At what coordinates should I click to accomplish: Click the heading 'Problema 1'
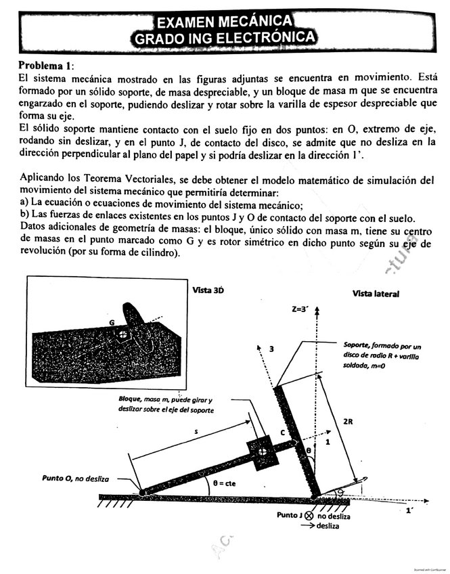(x=47, y=65)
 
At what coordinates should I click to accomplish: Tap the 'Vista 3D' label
(x=208, y=289)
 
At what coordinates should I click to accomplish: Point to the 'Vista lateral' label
(x=376, y=294)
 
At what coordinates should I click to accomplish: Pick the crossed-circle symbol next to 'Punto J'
(x=309, y=515)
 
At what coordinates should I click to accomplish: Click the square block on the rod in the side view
(x=260, y=449)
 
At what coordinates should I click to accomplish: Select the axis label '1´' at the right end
(x=410, y=512)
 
